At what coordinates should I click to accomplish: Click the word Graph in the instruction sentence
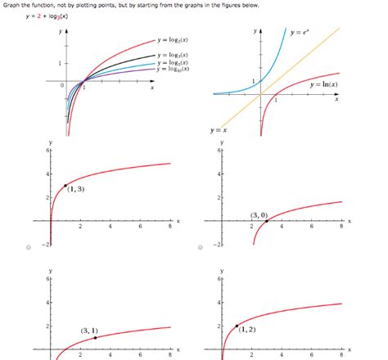point(12,5)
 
